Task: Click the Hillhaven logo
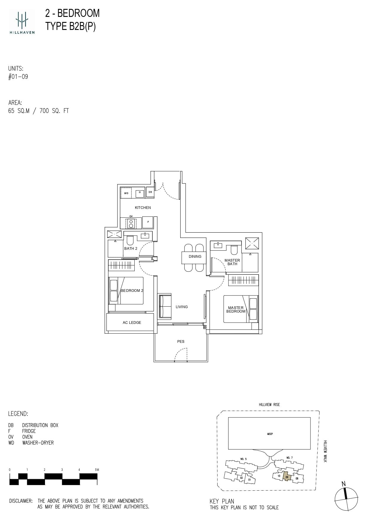(x=22, y=22)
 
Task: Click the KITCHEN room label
(x=143, y=207)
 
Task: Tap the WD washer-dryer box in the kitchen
(x=126, y=193)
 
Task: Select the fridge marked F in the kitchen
(x=148, y=222)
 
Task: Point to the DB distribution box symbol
(x=150, y=192)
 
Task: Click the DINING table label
(x=195, y=257)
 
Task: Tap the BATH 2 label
(x=131, y=248)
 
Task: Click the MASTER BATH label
(x=232, y=262)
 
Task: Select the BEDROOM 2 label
(x=132, y=290)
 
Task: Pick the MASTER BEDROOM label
(x=236, y=309)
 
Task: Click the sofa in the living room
(x=165, y=306)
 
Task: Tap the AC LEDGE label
(x=132, y=322)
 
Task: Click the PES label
(x=181, y=341)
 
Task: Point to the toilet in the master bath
(x=234, y=250)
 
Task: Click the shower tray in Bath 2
(x=114, y=234)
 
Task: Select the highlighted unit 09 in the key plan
(x=286, y=477)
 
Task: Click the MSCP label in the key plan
(x=270, y=434)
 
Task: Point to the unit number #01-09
(x=18, y=77)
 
